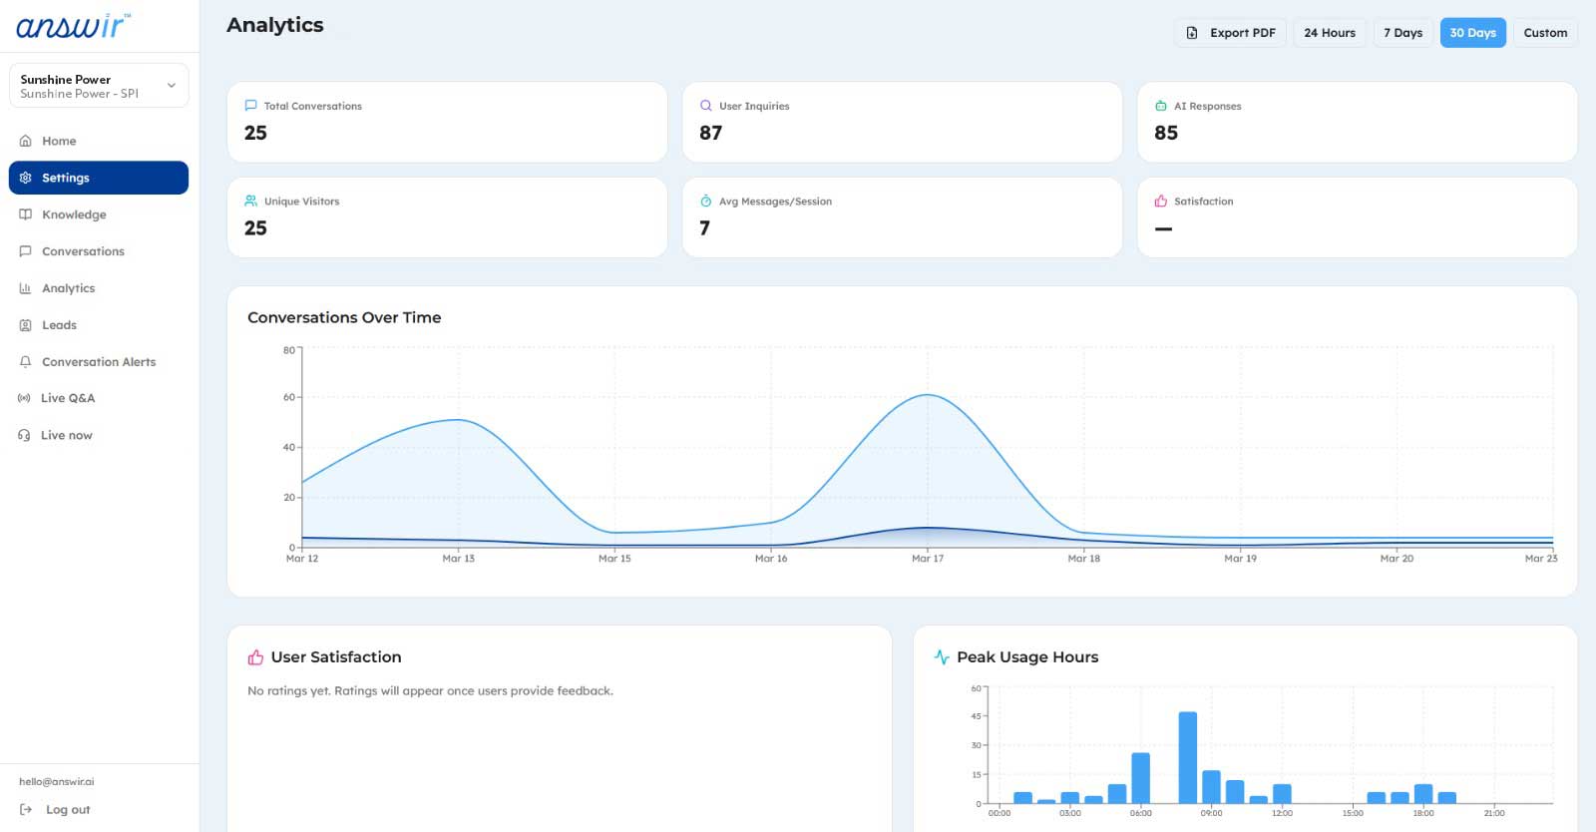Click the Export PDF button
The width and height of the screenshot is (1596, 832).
(x=1230, y=33)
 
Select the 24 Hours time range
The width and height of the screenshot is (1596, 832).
(x=1330, y=33)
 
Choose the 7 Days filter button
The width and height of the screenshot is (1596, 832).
(x=1402, y=33)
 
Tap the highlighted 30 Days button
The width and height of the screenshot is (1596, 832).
(x=1472, y=33)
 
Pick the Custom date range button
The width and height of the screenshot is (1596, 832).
(x=1545, y=33)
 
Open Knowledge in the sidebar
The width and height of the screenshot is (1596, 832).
(x=74, y=214)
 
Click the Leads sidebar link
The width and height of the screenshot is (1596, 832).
(x=59, y=325)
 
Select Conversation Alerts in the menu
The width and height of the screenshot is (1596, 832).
(x=99, y=362)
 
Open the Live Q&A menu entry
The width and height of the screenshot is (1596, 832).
(x=68, y=398)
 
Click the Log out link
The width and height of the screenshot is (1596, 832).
(x=68, y=809)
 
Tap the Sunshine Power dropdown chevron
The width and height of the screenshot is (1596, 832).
(x=171, y=86)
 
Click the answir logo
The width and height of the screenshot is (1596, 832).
(x=74, y=26)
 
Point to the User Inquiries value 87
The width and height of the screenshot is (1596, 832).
(x=710, y=134)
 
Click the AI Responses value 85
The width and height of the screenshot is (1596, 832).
(x=1166, y=134)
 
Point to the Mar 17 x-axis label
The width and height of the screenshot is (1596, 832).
(x=927, y=559)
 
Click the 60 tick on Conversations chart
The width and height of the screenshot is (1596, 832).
(x=288, y=397)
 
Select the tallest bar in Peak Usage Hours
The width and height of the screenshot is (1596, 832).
(x=1188, y=757)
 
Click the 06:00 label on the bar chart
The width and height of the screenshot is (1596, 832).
(x=1140, y=813)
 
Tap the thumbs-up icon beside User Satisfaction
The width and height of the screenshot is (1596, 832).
(x=255, y=657)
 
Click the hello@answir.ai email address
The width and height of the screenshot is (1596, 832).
(x=56, y=781)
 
